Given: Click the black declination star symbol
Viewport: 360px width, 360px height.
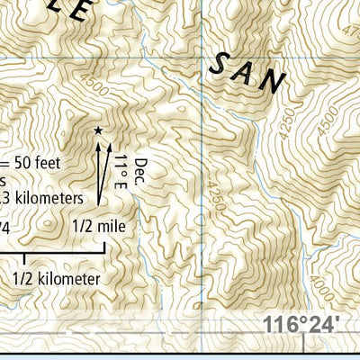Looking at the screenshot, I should [x=97, y=131].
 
